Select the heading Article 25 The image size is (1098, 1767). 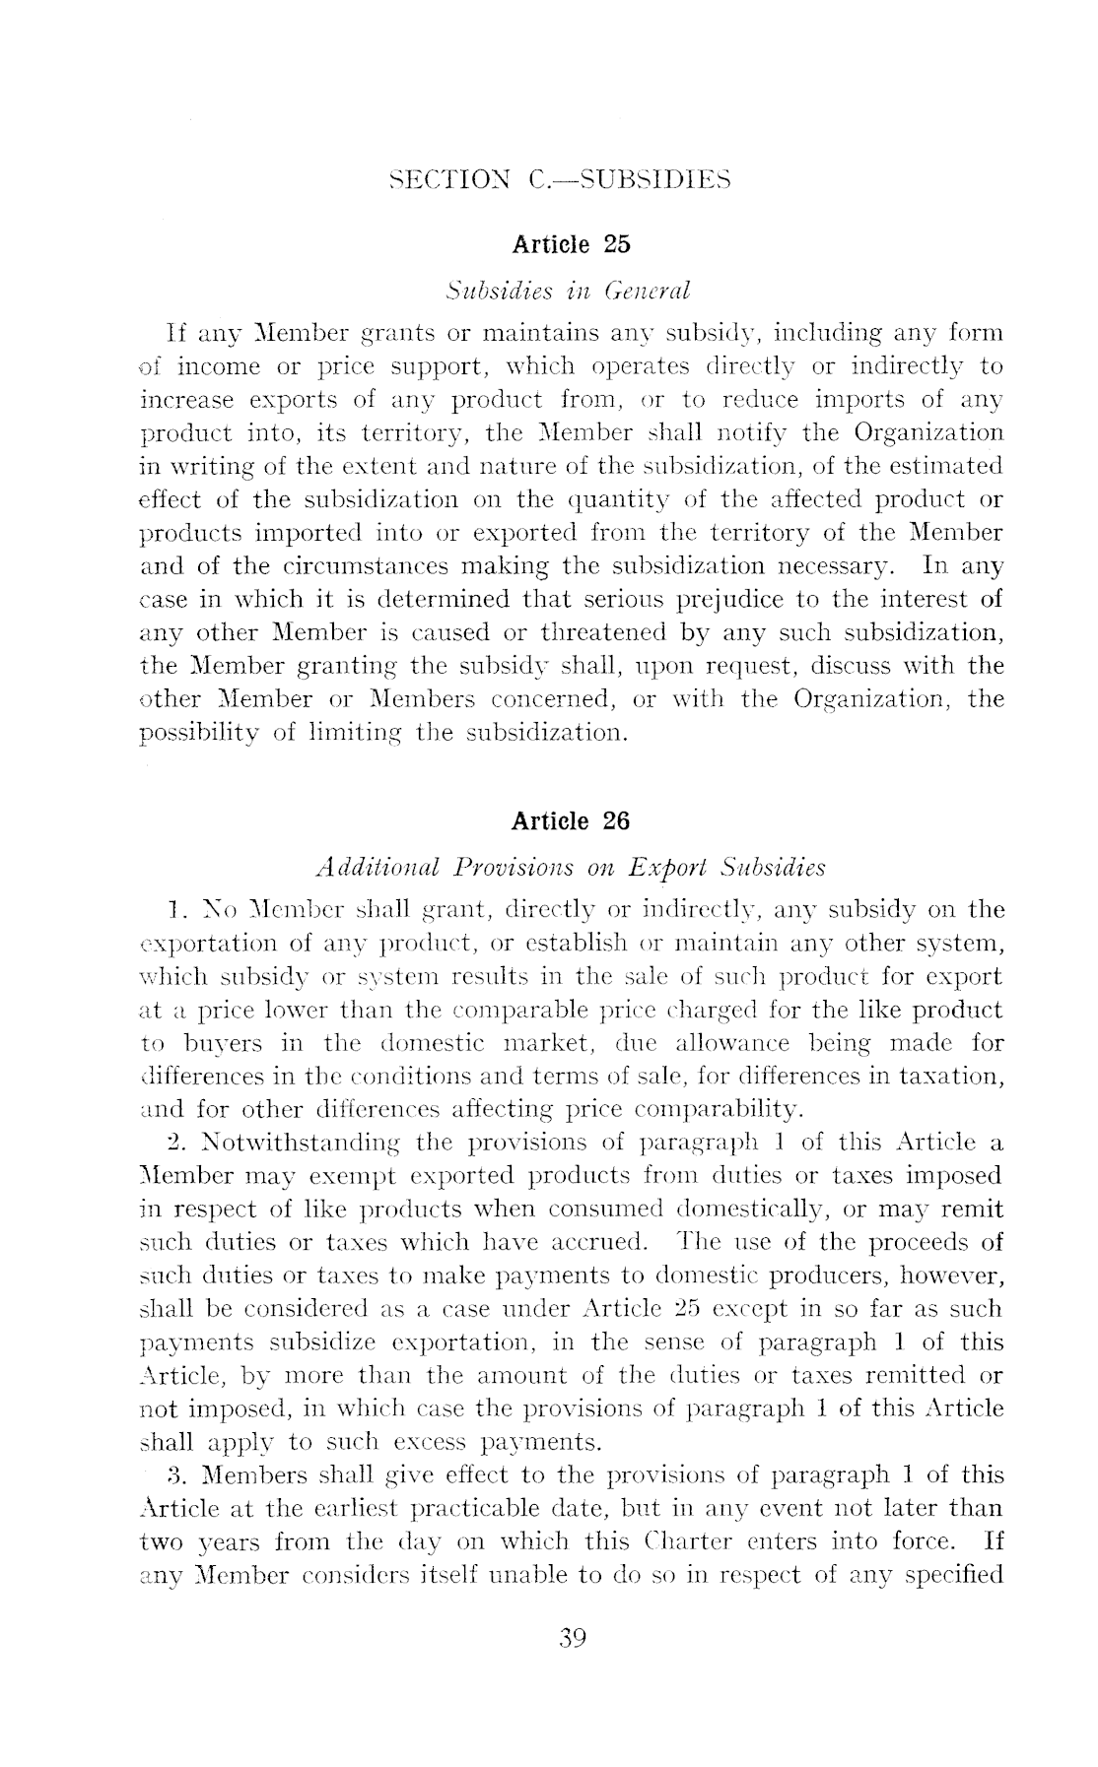click(571, 243)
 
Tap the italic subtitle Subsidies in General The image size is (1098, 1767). click(567, 292)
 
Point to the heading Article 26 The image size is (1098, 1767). click(571, 820)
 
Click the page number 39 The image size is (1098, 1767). click(573, 1638)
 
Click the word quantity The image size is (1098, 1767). click(645, 499)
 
